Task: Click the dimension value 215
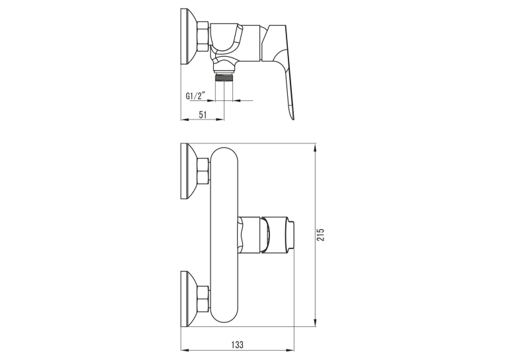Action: pyautogui.click(x=321, y=234)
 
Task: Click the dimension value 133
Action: pyautogui.click(x=237, y=344)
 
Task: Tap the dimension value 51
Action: pyautogui.click(x=203, y=114)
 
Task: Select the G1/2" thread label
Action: pyautogui.click(x=195, y=96)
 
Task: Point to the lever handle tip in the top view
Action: pyautogui.click(x=292, y=117)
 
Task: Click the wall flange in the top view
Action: pyautogui.click(x=188, y=38)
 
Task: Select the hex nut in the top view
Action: pyautogui.click(x=203, y=36)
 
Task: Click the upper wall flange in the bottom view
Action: pyautogui.click(x=188, y=171)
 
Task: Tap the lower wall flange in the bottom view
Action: pyautogui.click(x=188, y=299)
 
